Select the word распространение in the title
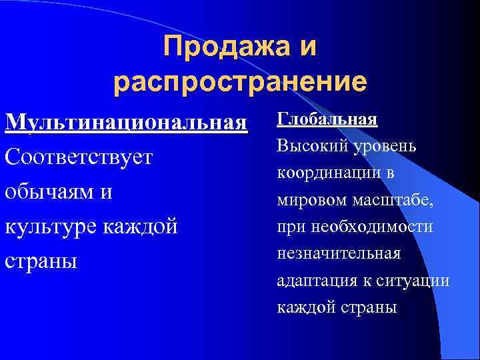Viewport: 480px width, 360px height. (x=240, y=82)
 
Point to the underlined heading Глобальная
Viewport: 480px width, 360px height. (x=327, y=120)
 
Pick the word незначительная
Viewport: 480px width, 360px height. (x=339, y=254)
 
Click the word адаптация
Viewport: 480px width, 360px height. (x=311, y=281)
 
